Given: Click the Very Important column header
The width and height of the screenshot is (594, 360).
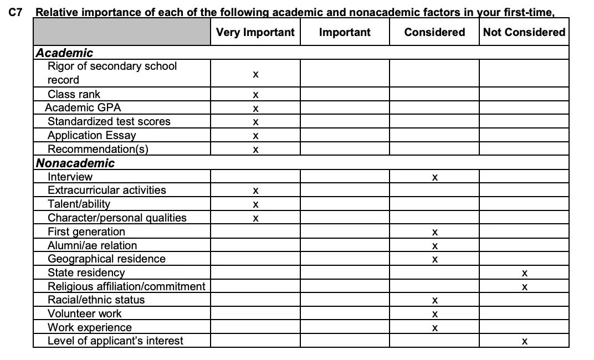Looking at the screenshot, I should (255, 32).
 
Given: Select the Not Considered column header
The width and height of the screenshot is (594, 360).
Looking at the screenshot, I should (524, 32).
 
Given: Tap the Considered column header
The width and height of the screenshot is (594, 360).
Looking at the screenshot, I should (434, 32).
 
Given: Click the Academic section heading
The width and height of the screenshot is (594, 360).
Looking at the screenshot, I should (64, 53).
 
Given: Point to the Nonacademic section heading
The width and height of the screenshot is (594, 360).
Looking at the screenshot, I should (75, 163).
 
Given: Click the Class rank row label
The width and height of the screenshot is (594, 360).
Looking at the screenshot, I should (74, 94).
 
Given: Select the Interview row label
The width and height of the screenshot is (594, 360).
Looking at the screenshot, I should (70, 177).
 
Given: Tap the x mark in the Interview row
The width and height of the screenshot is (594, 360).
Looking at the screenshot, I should (435, 177).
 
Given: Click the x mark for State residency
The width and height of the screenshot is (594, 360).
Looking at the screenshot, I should (524, 273).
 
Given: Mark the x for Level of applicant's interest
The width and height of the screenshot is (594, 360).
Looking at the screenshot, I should (524, 342).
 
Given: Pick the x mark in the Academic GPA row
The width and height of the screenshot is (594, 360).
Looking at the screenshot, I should (255, 109).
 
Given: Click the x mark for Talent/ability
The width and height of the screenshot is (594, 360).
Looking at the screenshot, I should (255, 205).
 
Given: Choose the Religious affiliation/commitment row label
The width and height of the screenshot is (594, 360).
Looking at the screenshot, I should (126, 286).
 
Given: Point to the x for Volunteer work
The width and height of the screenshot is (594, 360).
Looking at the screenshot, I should (435, 314).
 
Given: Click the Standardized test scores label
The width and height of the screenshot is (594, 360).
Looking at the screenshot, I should (109, 121).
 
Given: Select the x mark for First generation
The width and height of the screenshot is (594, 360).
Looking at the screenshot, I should (435, 232).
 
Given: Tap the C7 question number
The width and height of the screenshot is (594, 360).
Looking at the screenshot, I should (17, 12).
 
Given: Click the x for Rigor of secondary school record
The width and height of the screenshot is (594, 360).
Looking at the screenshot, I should (255, 74).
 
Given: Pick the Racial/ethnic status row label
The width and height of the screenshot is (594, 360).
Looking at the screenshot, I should (96, 300).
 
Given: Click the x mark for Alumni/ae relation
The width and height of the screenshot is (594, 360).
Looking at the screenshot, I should (435, 246).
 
